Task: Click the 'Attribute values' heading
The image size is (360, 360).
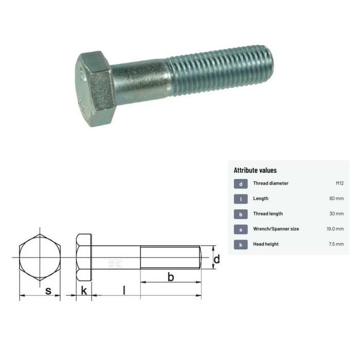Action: (255, 170)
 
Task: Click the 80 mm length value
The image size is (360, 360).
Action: (336, 199)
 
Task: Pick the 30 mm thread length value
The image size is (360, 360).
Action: (336, 213)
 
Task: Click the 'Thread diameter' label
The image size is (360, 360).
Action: (271, 183)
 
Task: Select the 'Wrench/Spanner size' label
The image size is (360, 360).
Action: (276, 229)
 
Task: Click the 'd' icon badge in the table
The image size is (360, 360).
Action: (241, 184)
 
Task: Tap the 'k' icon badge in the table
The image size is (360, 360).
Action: (241, 244)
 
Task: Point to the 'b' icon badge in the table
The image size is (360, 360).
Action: (241, 214)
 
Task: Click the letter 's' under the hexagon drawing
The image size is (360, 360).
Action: (48, 291)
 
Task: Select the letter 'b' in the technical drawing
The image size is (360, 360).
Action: (171, 278)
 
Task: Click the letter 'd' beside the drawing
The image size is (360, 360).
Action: (217, 259)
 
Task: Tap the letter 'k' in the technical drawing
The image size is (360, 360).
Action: (84, 291)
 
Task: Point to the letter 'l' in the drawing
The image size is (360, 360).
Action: (124, 290)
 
